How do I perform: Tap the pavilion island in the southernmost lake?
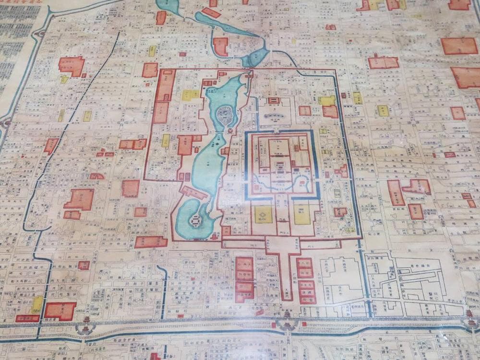pos(195,220)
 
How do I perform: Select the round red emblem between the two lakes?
pos(229,131)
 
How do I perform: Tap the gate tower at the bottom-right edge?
pos(469,317)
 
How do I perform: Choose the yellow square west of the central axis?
pos(263,215)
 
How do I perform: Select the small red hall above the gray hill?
pos(274,101)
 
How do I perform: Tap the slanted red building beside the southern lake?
pos(194,192)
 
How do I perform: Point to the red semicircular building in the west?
pos(96,176)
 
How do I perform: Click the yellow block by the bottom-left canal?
pos(37,304)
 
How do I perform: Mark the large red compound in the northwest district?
pos(72,66)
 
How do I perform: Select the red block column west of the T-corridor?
pos(244,279)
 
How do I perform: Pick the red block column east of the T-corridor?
pos(305,280)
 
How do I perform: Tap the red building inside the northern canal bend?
pos(221,47)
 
